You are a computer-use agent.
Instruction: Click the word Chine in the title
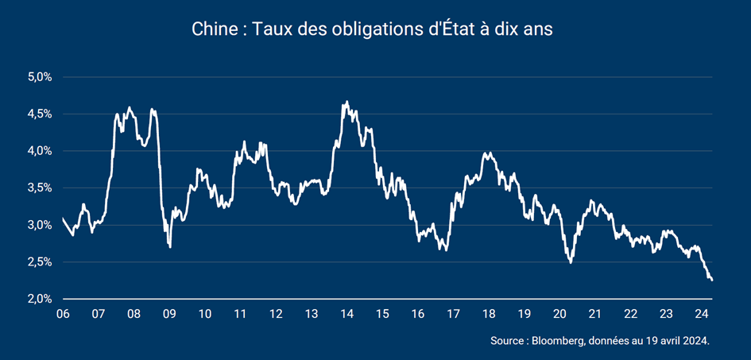pyautogui.click(x=211, y=29)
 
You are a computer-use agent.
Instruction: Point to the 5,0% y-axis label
pyautogui.click(x=40, y=77)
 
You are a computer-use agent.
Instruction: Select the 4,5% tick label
pyautogui.click(x=40, y=114)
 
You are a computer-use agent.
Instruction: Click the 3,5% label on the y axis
pyautogui.click(x=40, y=188)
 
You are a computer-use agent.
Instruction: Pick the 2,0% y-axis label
pyautogui.click(x=40, y=299)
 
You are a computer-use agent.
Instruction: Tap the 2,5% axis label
pyautogui.click(x=40, y=261)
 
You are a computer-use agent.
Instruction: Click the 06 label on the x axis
pyautogui.click(x=63, y=313)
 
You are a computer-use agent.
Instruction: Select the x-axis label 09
pyautogui.click(x=169, y=313)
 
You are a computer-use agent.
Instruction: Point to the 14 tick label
pyautogui.click(x=346, y=313)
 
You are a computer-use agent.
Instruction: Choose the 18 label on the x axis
pyautogui.click(x=489, y=313)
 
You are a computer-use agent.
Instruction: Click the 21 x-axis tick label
pyautogui.click(x=594, y=313)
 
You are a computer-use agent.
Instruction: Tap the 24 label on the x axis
pyautogui.click(x=701, y=313)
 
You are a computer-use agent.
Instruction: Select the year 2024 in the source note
pyautogui.click(x=693, y=341)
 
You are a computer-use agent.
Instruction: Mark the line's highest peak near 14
pyautogui.click(x=346, y=102)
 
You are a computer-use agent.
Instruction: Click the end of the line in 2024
pyautogui.click(x=712, y=280)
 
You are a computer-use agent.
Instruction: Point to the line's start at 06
pyautogui.click(x=63, y=218)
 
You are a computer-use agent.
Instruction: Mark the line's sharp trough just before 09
pyautogui.click(x=170, y=247)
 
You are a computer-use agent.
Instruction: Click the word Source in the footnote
pyautogui.click(x=508, y=341)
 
